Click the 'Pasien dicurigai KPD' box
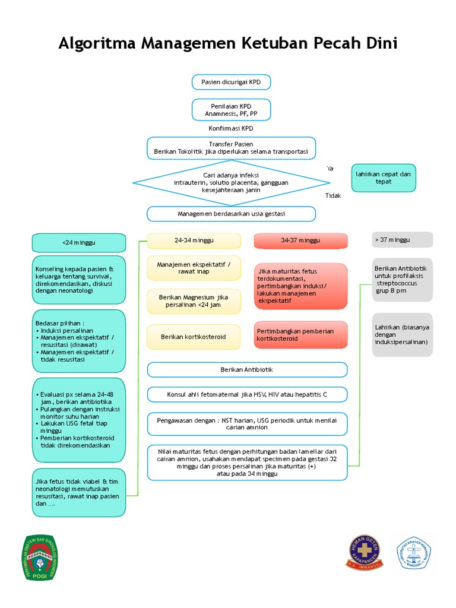coord(231,82)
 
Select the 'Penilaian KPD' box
coord(231,110)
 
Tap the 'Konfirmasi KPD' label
coord(231,128)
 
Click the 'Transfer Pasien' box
coord(231,148)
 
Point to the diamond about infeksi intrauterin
coord(231,183)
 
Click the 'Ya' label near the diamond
coord(330,169)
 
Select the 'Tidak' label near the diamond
coord(333,195)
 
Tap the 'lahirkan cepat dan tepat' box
coord(383,178)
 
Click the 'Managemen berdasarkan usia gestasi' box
coord(231,214)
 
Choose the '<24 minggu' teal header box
coord(78,243)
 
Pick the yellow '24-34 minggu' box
coord(194,240)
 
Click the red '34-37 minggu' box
coord(300,240)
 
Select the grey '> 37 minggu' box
coord(402,240)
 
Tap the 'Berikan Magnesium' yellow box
coord(194,301)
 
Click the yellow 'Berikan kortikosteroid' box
coord(194,337)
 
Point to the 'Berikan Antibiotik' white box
coord(247,369)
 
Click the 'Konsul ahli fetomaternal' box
coord(247,394)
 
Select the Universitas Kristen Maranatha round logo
coord(414,553)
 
